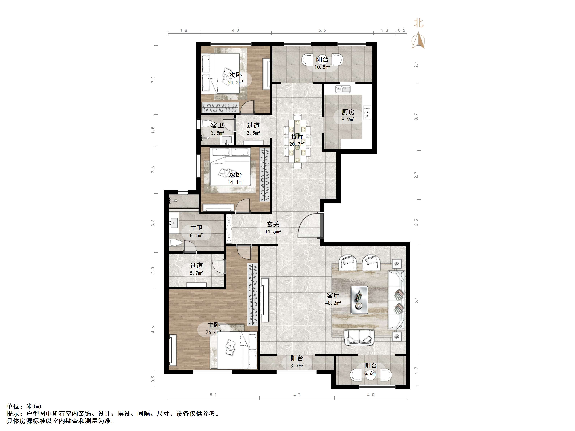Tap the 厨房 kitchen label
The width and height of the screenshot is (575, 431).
pos(348,112)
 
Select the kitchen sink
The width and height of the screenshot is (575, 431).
pos(343,89)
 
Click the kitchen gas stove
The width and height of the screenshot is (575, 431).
pos(367,112)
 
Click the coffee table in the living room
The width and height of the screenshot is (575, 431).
pos(359,300)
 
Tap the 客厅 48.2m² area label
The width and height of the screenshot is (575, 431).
pos(333,299)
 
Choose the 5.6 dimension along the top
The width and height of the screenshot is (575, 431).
pos(322,30)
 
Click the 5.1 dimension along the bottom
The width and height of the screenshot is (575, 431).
pos(213,395)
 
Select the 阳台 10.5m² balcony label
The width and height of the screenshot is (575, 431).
pos(322,63)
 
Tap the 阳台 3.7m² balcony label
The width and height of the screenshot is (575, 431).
pos(297,362)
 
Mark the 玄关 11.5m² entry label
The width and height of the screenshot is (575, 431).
pos(273,228)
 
